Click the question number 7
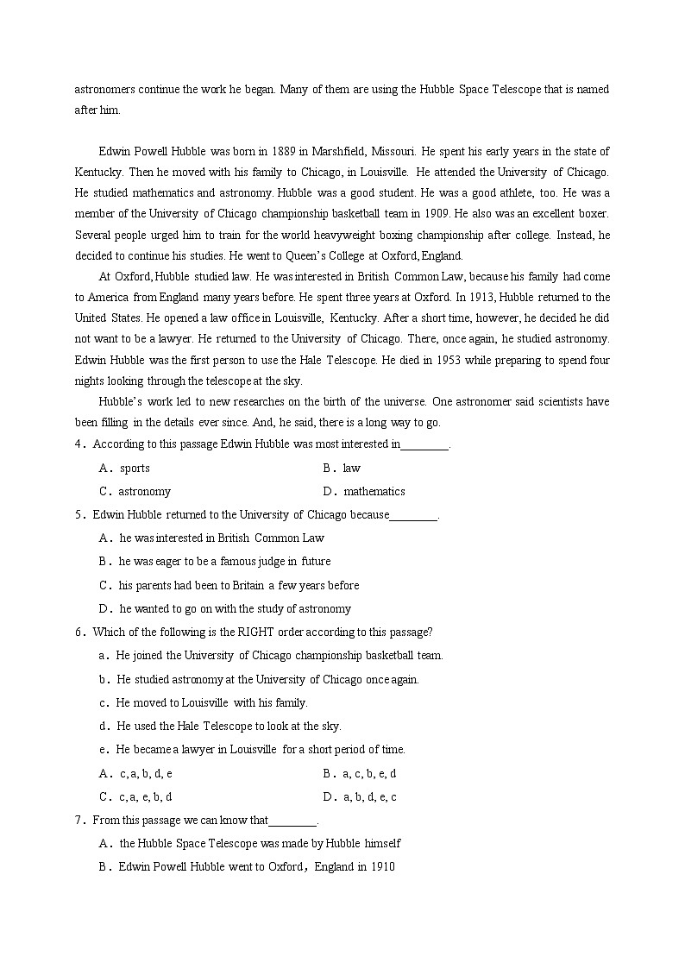coord(79,821)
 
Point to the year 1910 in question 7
coord(382,867)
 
